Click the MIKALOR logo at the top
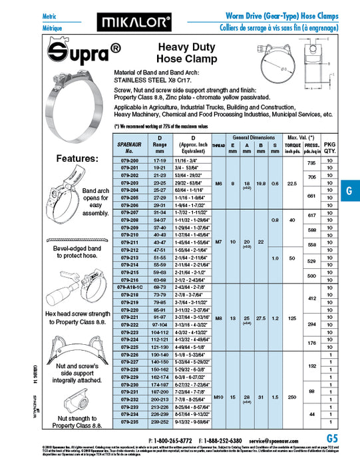coord(134,23)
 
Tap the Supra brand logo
coord(77,52)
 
